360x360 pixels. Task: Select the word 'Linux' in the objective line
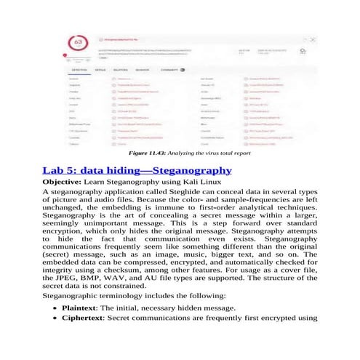pyautogui.click(x=215, y=181)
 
